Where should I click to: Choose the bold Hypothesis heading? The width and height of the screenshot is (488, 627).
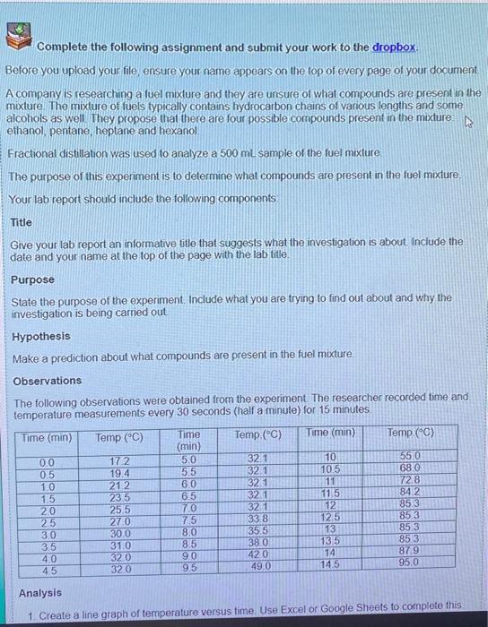pyautogui.click(x=40, y=336)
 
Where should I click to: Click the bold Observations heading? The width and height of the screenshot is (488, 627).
pyautogui.click(x=47, y=380)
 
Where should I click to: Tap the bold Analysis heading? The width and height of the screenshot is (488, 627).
pyautogui.click(x=41, y=592)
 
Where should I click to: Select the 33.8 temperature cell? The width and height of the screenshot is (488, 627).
pyautogui.click(x=257, y=518)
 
